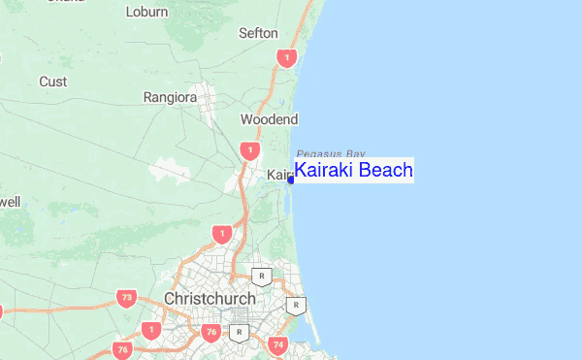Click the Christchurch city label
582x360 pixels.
[210, 298]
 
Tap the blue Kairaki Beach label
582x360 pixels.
[354, 171]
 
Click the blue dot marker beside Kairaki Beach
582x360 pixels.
[290, 179]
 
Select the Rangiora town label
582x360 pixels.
[170, 97]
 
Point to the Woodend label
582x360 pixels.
[269, 119]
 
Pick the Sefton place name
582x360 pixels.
[258, 33]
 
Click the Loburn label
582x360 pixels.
[146, 13]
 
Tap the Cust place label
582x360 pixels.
[52, 82]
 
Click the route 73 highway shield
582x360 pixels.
[125, 298]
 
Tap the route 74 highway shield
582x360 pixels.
[278, 344]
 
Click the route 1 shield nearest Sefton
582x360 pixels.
[285, 58]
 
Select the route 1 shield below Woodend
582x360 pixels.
[250, 150]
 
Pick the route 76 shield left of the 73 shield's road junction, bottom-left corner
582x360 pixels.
[121, 349]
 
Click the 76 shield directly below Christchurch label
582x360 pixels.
[211, 333]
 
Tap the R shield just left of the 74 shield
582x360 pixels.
[239, 333]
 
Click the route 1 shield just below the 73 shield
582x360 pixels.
[150, 330]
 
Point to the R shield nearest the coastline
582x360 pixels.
[296, 306]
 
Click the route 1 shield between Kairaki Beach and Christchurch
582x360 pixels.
[222, 234]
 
